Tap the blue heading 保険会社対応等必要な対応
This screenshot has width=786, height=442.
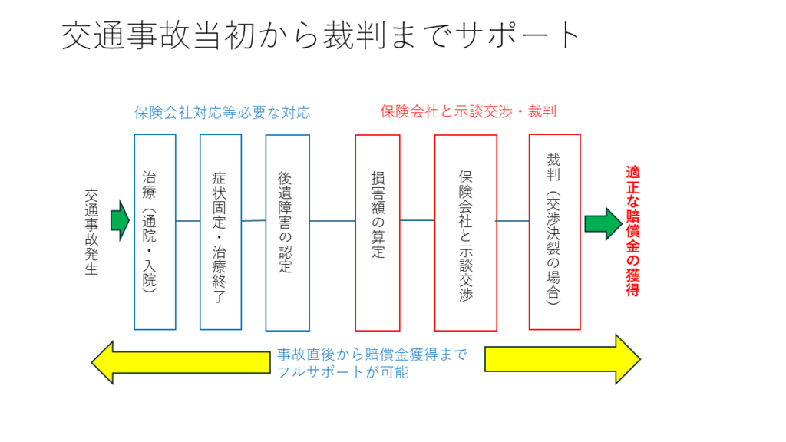pos(222,112)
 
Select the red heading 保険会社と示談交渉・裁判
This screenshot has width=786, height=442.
pos(468,111)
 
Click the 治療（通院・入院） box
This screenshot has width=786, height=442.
pos(155,232)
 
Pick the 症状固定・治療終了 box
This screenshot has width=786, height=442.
pos(220,232)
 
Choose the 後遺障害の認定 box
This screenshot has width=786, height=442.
pos(287,233)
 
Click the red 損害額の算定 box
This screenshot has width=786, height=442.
pos(377,233)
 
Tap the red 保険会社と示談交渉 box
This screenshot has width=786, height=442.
pos(465,233)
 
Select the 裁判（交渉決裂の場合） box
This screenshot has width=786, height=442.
pos(554,232)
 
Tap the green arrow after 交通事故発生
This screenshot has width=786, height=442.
pos(120,221)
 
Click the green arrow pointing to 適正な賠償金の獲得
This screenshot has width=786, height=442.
pos(601,223)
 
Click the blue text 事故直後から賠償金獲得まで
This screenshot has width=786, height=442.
pos(372,356)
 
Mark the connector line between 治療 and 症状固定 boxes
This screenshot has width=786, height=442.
pos(188,221)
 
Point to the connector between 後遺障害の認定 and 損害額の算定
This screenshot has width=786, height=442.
pos(332,221)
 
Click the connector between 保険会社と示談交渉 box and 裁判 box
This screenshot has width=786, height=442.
pos(513,221)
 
